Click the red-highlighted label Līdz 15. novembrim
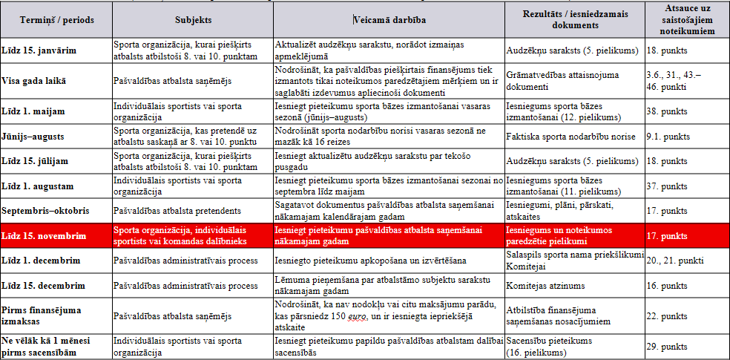pyautogui.click(x=44, y=237)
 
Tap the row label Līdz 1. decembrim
pyautogui.click(x=40, y=261)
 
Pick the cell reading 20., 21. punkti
pyautogui.click(x=671, y=261)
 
